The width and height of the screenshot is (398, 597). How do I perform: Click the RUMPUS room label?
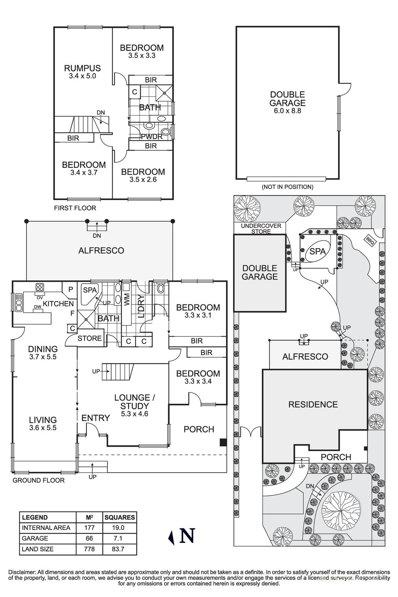pos(82,68)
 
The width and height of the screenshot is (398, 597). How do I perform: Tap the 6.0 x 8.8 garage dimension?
pos(287,111)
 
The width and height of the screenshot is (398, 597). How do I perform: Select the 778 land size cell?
pos(89,549)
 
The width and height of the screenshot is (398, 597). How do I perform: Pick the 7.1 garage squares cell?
pos(119,538)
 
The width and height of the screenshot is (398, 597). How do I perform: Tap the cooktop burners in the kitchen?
pos(40,287)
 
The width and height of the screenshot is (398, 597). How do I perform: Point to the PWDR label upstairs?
pos(151,137)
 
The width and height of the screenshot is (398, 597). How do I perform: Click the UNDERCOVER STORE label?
pos(261,229)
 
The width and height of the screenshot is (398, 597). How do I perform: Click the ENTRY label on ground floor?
pos(95,418)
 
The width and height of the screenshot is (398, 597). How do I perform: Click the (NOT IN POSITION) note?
pos(287,187)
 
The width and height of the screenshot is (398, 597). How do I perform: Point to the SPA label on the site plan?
pos(317,251)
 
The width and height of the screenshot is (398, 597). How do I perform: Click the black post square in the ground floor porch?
pos(223,442)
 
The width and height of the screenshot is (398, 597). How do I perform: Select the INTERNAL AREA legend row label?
pos(46,528)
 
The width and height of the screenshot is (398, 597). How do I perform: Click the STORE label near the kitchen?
pos(90,338)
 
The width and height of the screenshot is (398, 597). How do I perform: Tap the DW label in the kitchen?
pos(37,307)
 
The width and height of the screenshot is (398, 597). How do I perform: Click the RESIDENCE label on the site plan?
pos(313,404)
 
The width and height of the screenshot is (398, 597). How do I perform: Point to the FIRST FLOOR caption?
pos(75,208)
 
